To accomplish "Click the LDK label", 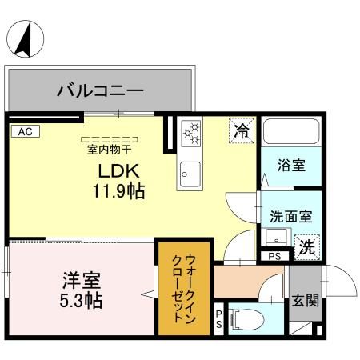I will (120, 171).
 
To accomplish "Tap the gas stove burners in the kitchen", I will (191, 134).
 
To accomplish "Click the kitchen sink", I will (190, 171).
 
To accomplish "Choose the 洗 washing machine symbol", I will (306, 247).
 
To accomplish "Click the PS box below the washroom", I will (274, 256).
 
